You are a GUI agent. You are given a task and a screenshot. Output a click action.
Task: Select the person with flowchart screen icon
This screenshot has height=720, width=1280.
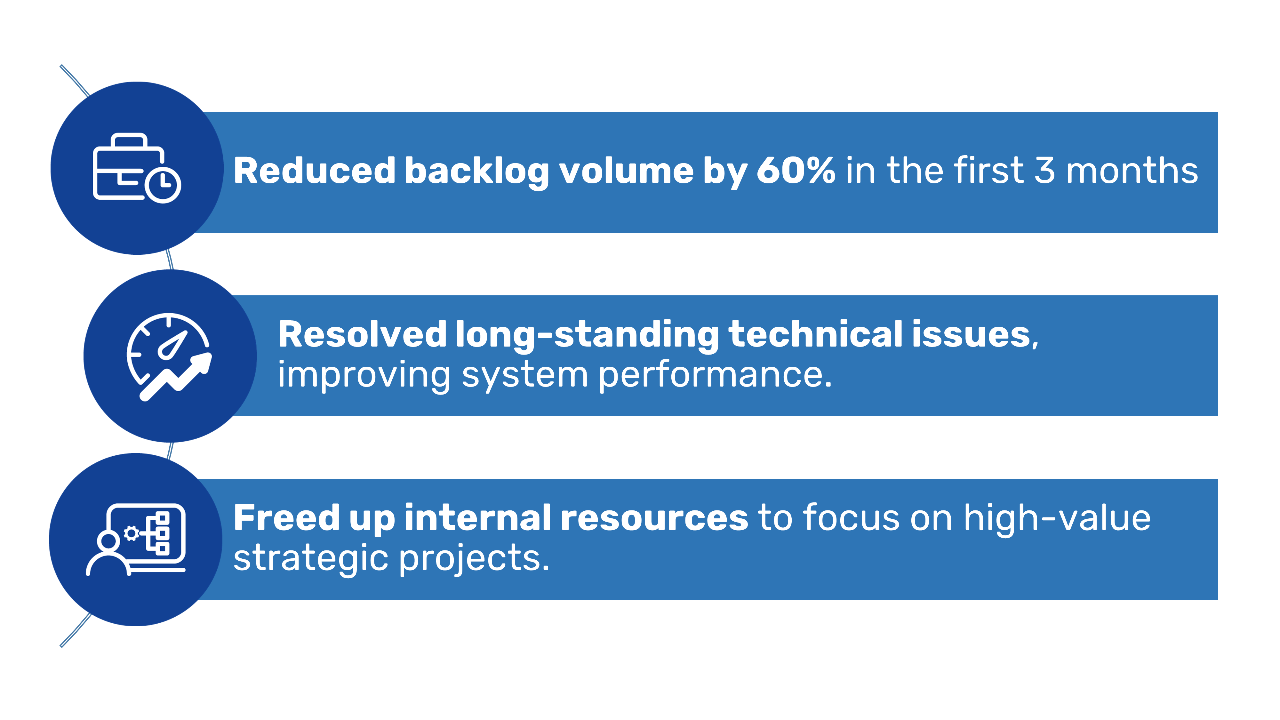coord(136,540)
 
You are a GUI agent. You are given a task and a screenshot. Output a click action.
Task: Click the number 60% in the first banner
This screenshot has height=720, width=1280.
coord(796,171)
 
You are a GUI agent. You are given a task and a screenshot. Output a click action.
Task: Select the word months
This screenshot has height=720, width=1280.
coord(1132,171)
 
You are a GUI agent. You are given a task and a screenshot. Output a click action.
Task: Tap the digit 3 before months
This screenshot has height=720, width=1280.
coord(1044,171)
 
